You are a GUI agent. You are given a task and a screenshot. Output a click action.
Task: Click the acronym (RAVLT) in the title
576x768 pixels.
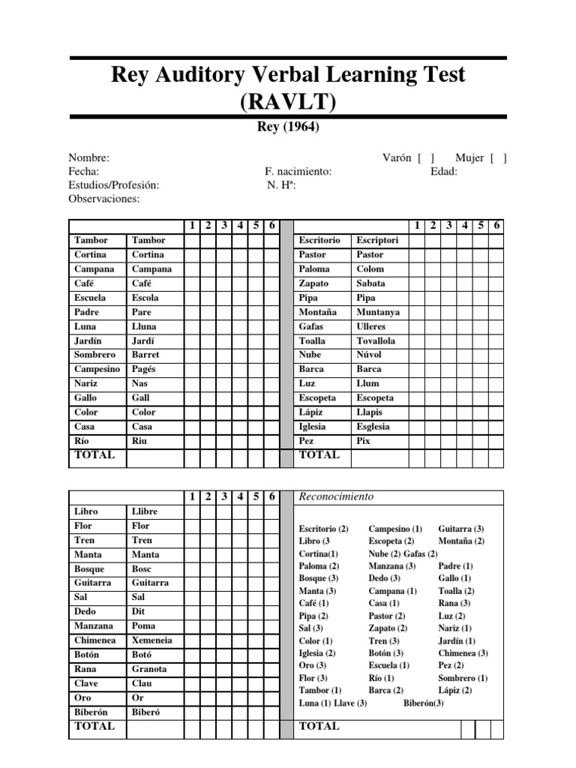tap(288, 100)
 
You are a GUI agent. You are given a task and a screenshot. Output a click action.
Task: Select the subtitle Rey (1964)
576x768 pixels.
tap(288, 127)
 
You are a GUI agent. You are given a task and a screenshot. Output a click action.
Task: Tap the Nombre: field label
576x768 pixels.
tap(89, 157)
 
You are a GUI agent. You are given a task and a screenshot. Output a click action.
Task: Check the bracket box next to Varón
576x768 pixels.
tap(426, 157)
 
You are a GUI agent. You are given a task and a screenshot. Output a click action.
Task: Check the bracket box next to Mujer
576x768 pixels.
tap(498, 157)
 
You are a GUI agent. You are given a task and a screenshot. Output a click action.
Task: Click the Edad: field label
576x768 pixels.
tap(444, 171)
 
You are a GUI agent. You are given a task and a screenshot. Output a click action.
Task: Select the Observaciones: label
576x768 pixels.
tap(104, 199)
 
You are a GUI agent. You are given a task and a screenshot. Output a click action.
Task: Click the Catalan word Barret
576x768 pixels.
tap(145, 355)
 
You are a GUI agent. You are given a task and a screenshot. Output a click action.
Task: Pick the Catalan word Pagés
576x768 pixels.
tap(144, 369)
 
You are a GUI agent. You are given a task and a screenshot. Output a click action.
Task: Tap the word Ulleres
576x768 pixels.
tap(371, 326)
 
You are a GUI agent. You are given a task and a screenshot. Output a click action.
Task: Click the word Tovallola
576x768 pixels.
tap(376, 340)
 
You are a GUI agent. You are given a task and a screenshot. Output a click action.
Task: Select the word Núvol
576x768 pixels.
tap(369, 355)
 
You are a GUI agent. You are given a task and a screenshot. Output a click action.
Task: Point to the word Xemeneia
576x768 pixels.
tap(151, 640)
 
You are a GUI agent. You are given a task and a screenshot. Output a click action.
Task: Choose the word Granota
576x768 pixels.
tap(149, 669)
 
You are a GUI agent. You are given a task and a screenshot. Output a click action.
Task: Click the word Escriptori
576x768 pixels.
tap(378, 240)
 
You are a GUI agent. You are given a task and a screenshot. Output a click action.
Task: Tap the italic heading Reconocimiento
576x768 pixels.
tap(336, 496)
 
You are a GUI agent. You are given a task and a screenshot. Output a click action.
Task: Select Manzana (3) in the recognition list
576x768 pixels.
tap(391, 566)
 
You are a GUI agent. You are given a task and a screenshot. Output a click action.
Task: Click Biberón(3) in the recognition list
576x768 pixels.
tap(424, 703)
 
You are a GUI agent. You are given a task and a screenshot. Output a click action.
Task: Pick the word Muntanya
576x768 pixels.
tap(378, 312)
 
